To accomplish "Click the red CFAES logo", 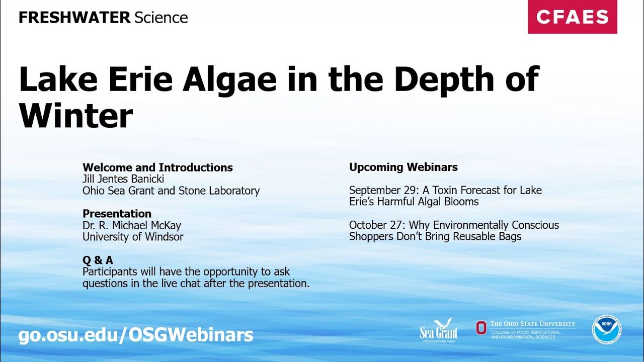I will click(572, 17).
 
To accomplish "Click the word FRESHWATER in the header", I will click(74, 18).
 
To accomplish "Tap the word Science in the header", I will click(161, 18).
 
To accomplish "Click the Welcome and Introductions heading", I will click(157, 167).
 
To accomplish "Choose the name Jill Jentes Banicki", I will click(123, 179).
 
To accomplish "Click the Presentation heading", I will click(117, 214).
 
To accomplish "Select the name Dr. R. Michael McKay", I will click(131, 225).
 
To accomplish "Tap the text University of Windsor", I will click(133, 237).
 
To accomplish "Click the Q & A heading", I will click(98, 260).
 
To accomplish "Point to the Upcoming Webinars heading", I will click(403, 167).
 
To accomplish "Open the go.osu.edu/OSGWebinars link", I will click(136, 335).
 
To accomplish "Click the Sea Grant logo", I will click(439, 330).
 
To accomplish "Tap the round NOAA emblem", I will click(606, 329).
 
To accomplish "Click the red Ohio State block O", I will click(481, 328).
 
